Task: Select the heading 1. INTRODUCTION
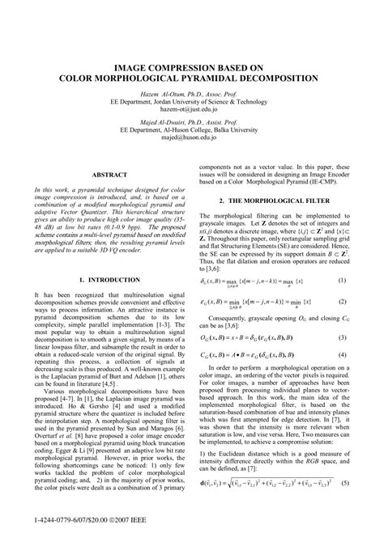[x=109, y=280]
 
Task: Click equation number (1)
[x=342, y=281]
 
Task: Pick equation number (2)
[x=342, y=302]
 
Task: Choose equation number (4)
[x=342, y=354]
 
